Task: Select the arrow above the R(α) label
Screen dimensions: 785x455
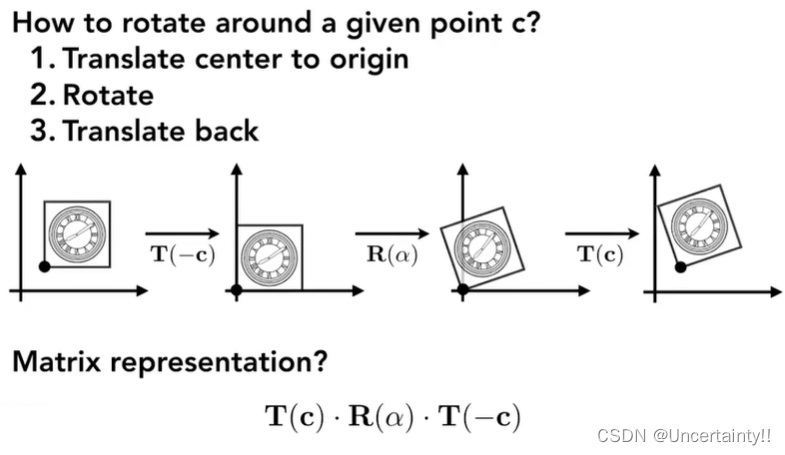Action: coord(392,234)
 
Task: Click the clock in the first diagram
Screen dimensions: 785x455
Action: coord(76,233)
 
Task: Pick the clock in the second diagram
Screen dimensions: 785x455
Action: coord(268,257)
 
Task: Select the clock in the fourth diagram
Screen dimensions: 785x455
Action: coord(698,222)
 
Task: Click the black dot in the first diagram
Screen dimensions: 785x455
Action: coord(44,266)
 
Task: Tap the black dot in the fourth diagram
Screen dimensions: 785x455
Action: coord(680,266)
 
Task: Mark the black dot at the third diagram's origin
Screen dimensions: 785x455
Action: coord(462,290)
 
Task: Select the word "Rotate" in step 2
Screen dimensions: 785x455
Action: coord(108,95)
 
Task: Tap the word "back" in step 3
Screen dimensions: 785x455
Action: coord(225,131)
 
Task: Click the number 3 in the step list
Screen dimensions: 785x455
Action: coord(40,131)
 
